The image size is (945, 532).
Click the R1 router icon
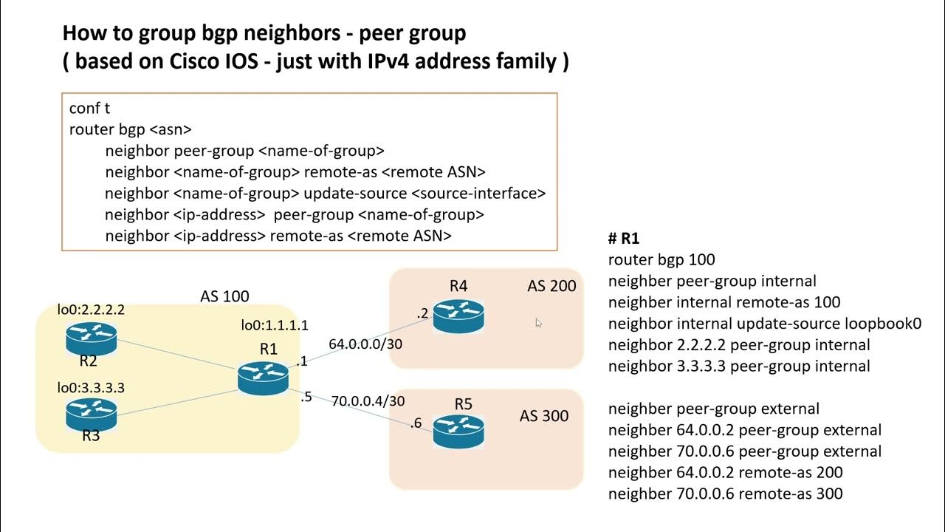pyautogui.click(x=263, y=377)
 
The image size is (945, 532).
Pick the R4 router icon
pyautogui.click(x=458, y=316)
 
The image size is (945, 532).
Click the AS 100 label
pyautogui.click(x=224, y=296)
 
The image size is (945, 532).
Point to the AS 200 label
pyautogui.click(x=551, y=286)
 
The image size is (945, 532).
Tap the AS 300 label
pyautogui.click(x=544, y=416)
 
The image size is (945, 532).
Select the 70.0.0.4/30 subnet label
pyautogui.click(x=368, y=400)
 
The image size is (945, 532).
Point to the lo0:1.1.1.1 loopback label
pyautogui.click(x=275, y=325)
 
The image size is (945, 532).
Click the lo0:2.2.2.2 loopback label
pyautogui.click(x=91, y=310)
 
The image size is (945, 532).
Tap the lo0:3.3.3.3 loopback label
pyautogui.click(x=91, y=387)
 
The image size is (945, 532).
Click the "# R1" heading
pyautogui.click(x=623, y=239)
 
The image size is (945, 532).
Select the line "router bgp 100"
pyautogui.click(x=661, y=259)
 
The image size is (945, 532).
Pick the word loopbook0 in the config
pyautogui.click(x=882, y=324)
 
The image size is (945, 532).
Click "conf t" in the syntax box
pyautogui.click(x=89, y=109)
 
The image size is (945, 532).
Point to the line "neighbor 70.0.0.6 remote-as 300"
pyautogui.click(x=725, y=494)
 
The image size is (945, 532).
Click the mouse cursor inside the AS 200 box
pyautogui.click(x=538, y=323)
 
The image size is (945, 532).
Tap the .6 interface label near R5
pyautogui.click(x=416, y=423)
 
